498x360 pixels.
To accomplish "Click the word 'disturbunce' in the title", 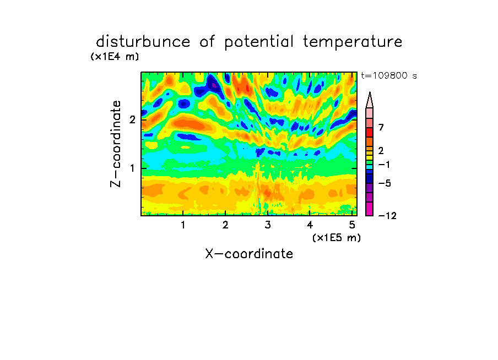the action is pyautogui.click(x=143, y=42).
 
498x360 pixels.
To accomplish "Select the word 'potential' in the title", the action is pyautogui.click(x=259, y=42).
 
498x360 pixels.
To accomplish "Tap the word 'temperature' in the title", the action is pyautogui.click(x=353, y=42).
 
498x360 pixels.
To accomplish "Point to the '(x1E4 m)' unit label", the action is pyautogui.click(x=115, y=57).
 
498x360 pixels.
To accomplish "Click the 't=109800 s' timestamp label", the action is pyautogui.click(x=389, y=75).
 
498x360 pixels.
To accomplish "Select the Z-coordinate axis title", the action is pyautogui.click(x=116, y=144).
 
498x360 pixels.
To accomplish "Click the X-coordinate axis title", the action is pyautogui.click(x=249, y=254).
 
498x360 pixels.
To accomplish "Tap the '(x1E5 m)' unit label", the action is pyautogui.click(x=337, y=237).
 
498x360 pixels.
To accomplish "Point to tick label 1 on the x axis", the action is pyautogui.click(x=183, y=225).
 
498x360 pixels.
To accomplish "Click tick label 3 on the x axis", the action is pyautogui.click(x=267, y=225).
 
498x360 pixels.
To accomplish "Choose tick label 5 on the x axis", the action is pyautogui.click(x=352, y=225).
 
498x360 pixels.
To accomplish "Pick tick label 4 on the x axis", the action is pyautogui.click(x=310, y=225).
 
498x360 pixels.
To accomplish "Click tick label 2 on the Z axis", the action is pyautogui.click(x=132, y=119).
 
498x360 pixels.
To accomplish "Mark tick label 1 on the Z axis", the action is pyautogui.click(x=132, y=168).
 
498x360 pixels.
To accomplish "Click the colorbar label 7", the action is pyautogui.click(x=381, y=127).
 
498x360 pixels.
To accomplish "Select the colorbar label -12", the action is pyautogui.click(x=387, y=216).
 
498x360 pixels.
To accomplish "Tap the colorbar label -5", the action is pyautogui.click(x=385, y=183).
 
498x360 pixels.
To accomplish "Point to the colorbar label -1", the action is pyautogui.click(x=384, y=165).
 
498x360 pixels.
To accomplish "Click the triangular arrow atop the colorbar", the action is pyautogui.click(x=370, y=100).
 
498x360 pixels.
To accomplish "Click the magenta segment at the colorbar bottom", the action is pyautogui.click(x=370, y=209).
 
